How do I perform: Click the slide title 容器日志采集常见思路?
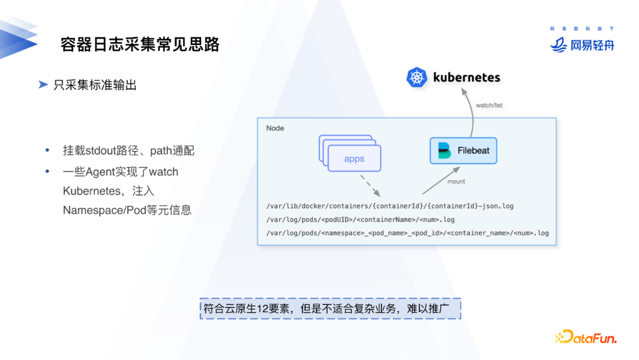pos(140,44)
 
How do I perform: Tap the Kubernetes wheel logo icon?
pos(417,78)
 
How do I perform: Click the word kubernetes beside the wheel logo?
pos(466,78)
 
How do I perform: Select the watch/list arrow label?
pos(489,105)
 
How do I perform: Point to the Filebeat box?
pos(463,150)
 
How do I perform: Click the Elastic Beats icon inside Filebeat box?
pos(444,150)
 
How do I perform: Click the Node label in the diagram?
pos(275,128)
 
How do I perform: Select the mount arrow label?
pos(456,181)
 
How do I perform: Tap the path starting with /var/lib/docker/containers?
pos(390,206)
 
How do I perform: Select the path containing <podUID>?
pos(361,220)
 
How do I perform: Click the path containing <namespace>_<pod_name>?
pos(408,233)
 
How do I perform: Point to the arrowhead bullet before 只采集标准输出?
pos(43,85)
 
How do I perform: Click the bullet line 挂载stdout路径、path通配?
pos(128,150)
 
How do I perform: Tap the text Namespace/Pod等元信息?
pos(127,210)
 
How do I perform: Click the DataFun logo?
pos(586,337)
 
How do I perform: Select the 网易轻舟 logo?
pos(583,44)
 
